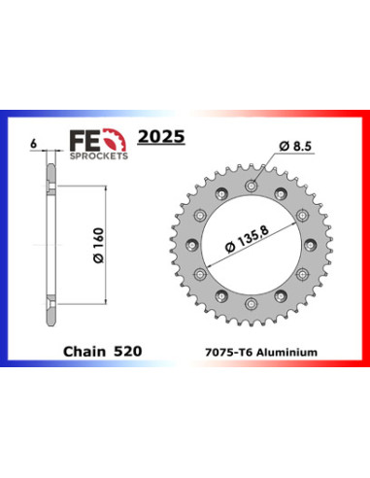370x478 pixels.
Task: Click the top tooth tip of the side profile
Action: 49,157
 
